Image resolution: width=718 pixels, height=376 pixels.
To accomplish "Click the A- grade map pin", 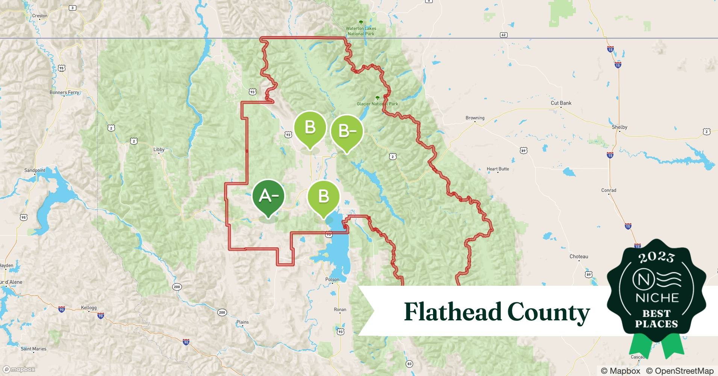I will (268, 196).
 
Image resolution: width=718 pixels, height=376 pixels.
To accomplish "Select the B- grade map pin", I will (347, 131).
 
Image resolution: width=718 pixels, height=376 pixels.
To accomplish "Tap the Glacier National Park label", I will (377, 104).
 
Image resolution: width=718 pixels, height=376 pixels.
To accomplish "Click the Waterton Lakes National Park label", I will (361, 31).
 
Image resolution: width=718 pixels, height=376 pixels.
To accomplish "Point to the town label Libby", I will (159, 149).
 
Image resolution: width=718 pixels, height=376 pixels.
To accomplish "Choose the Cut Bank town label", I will (561, 103).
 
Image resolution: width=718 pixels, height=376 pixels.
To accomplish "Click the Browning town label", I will (475, 118).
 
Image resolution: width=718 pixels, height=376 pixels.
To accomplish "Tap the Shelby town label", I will (620, 127).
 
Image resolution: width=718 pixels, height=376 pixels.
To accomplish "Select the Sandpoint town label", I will (35, 170).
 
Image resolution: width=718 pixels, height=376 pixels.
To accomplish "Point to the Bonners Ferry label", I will (64, 92).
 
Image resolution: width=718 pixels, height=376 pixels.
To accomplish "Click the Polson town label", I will (332, 279).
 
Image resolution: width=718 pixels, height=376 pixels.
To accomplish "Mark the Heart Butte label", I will (498, 169).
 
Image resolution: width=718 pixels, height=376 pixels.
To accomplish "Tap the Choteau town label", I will (579, 256).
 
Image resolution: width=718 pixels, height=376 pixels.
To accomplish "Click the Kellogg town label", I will (89, 308).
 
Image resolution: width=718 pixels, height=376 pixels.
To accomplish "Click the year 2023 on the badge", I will (656, 258).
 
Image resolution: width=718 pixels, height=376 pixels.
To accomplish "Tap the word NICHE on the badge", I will (657, 298).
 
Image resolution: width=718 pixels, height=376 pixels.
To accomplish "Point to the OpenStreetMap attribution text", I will (680, 371).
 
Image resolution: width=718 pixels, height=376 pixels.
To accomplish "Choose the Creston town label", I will (40, 16).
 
